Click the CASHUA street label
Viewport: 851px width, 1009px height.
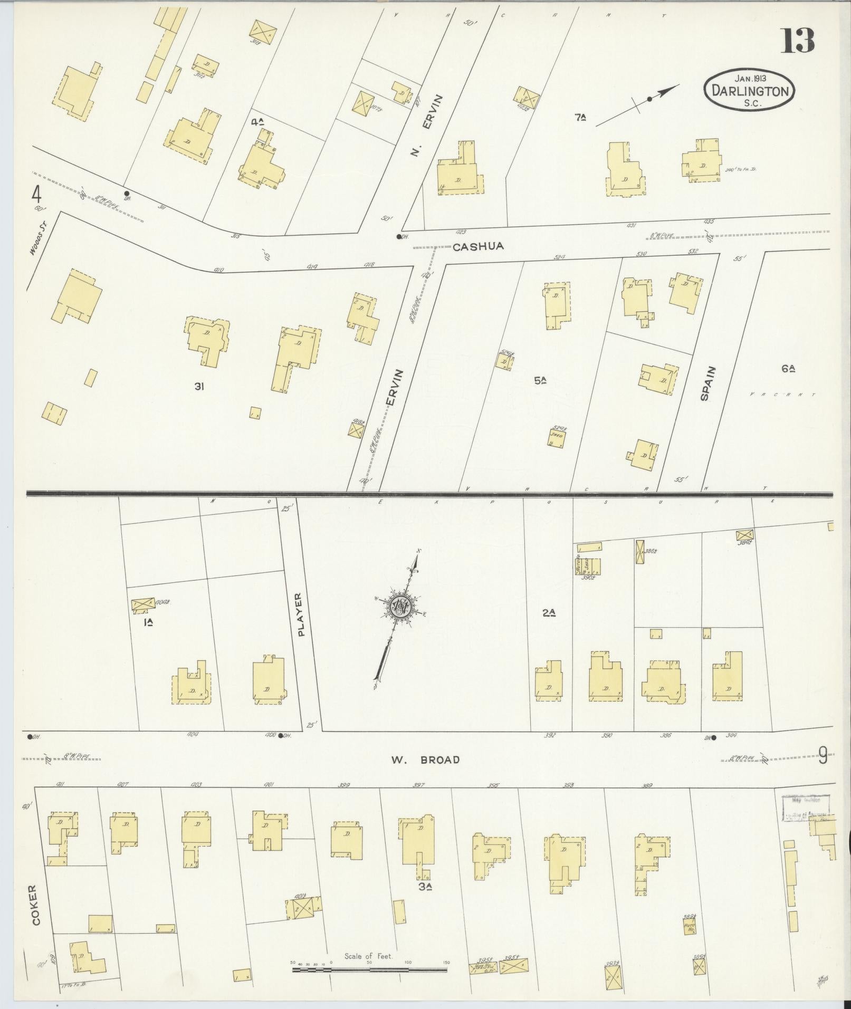478,246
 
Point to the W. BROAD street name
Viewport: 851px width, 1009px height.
425,760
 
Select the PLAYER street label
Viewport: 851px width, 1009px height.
301,614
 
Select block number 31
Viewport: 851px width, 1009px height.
199,387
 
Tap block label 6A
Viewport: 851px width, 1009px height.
788,369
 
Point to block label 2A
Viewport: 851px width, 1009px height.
549,612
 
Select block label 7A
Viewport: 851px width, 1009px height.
580,118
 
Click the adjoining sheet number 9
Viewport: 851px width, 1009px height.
823,758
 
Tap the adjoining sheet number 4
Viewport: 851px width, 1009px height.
36,196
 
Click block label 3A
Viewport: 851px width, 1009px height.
426,887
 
